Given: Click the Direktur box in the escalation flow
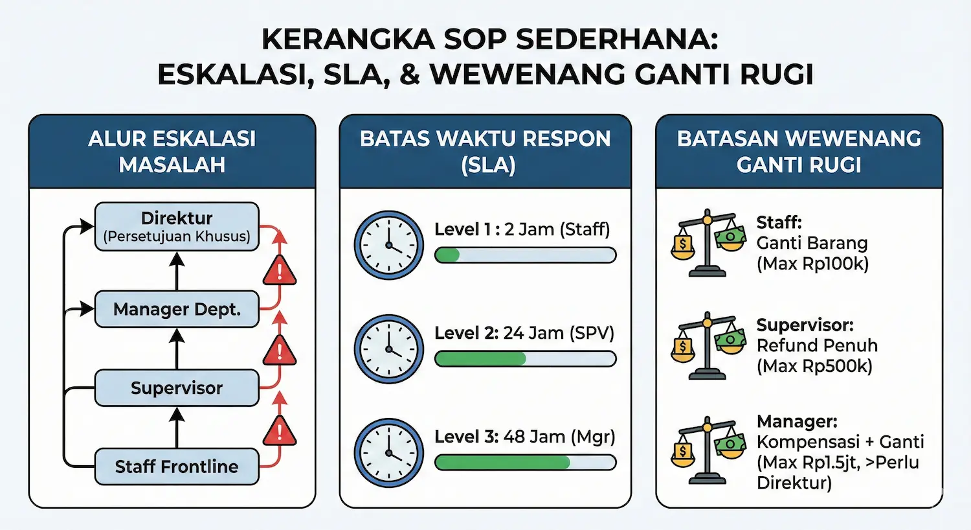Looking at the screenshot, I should [177, 226].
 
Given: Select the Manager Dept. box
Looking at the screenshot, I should [177, 309].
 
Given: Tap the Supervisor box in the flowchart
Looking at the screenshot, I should [177, 388].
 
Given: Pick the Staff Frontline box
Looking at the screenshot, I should [177, 467].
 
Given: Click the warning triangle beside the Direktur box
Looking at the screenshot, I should [280, 271].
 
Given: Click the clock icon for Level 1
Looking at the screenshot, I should [388, 245].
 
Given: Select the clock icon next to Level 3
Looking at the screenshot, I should [388, 453].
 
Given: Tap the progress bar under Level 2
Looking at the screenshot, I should [525, 358].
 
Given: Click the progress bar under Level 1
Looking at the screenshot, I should [525, 255].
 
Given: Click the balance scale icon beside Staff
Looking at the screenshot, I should [708, 242].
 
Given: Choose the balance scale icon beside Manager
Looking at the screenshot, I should [708, 450].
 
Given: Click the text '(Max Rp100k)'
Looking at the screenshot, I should [812, 264].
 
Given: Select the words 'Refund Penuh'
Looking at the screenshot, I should [817, 345].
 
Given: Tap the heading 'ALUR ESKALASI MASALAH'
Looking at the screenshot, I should [172, 152].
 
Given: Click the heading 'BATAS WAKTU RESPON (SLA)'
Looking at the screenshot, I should [485, 152].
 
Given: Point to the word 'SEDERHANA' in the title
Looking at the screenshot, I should [617, 40].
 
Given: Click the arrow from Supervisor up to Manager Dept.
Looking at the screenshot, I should [177, 349].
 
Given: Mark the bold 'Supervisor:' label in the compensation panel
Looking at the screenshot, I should [805, 325].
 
